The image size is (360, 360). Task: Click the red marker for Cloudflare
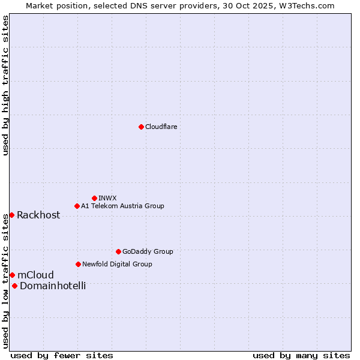click(x=141, y=127)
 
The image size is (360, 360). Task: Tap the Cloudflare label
click(x=161, y=127)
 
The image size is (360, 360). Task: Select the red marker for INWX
click(x=94, y=198)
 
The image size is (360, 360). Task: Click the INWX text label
click(x=107, y=198)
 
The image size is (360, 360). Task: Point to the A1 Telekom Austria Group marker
click(x=77, y=206)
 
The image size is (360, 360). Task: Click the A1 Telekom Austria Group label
click(x=122, y=206)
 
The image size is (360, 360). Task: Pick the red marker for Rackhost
click(x=11, y=215)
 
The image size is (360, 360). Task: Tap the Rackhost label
click(x=38, y=215)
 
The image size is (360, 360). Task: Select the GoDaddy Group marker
click(x=118, y=251)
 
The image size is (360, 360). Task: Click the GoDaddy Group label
click(x=148, y=251)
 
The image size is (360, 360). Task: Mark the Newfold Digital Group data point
click(x=78, y=264)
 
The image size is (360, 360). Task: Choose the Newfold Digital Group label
click(x=117, y=264)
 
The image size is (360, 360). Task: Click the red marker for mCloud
click(x=12, y=275)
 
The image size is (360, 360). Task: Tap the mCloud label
click(x=35, y=275)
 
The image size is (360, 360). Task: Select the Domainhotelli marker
click(x=14, y=286)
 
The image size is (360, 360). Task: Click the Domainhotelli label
click(x=53, y=286)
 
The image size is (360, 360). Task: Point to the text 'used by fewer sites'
click(x=62, y=355)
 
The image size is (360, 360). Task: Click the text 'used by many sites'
click(x=301, y=355)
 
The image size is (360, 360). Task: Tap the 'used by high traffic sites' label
click(x=5, y=85)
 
